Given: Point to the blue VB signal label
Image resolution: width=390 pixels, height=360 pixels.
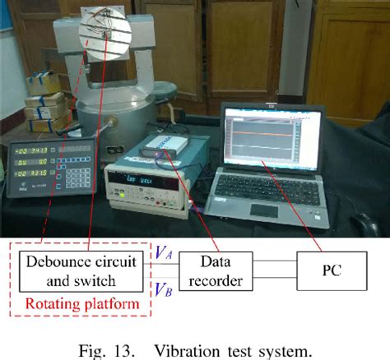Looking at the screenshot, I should click(x=163, y=288).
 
